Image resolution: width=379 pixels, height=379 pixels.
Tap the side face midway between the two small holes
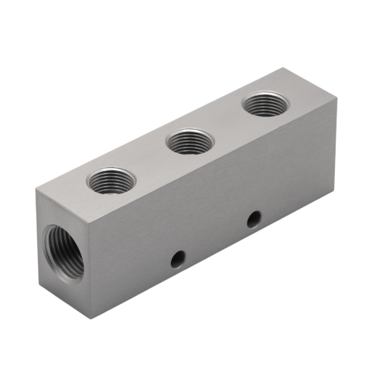pyautogui.click(x=216, y=238)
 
